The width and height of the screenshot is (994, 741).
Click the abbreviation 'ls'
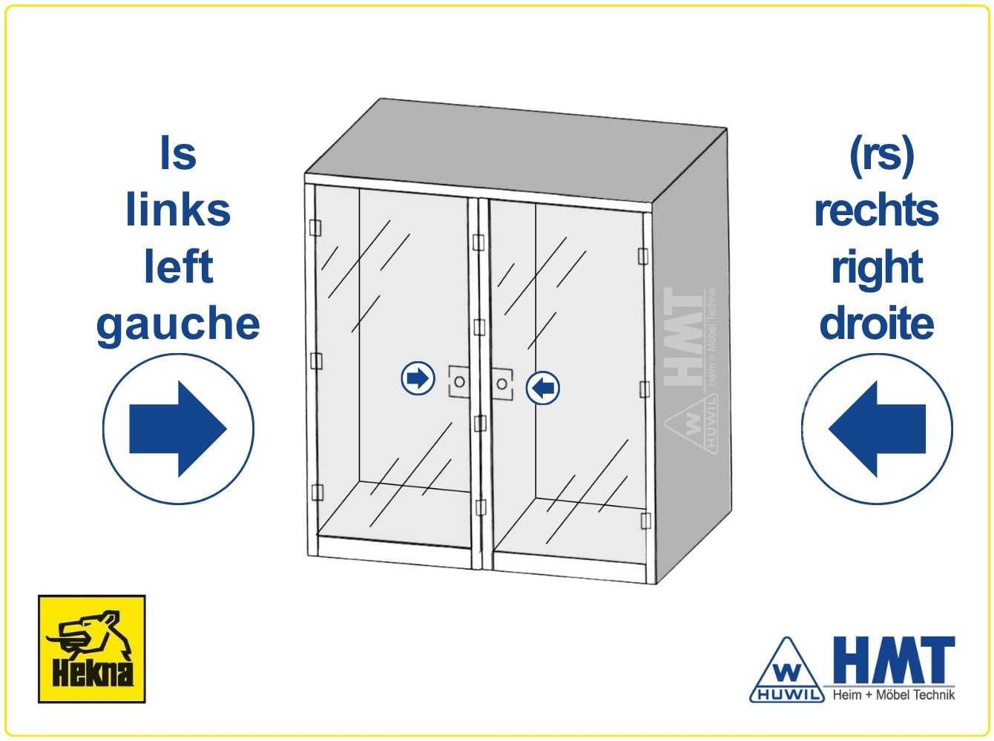pos(178,153)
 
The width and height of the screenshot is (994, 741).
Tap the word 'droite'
pos(877,323)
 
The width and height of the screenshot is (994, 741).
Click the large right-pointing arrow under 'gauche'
pos(178,429)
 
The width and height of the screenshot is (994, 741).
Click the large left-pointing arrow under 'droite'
pos(877,429)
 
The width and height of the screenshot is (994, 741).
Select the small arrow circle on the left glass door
pos(418,378)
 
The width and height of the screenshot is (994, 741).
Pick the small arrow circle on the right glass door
pos(542,387)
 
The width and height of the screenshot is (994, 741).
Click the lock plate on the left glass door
pos(458,381)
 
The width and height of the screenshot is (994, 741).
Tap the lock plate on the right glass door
pos(501,384)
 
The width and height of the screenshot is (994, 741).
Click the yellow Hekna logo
pos(91,649)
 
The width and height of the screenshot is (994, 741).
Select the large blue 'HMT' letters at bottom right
pos(895,659)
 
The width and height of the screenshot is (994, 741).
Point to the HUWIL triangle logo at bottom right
pos(786,671)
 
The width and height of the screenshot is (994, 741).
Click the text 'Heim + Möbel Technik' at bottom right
pos(894,694)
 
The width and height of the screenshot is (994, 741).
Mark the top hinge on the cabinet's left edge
pos(315,228)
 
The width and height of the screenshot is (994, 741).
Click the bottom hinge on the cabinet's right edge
pos(645,521)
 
